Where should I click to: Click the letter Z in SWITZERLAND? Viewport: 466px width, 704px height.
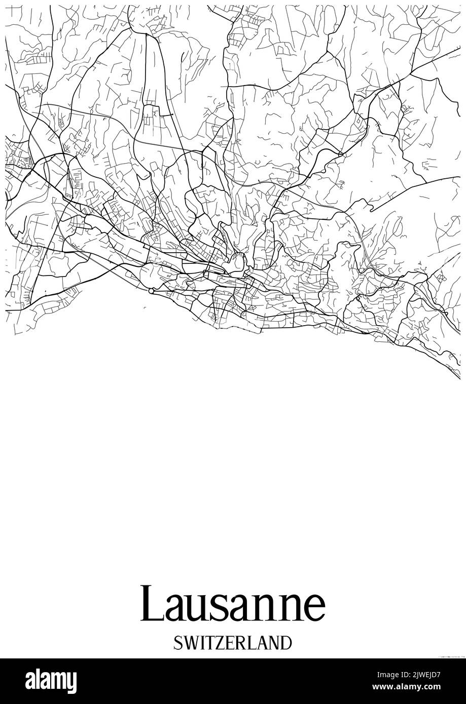(222, 643)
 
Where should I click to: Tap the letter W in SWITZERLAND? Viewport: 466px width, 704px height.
(192, 643)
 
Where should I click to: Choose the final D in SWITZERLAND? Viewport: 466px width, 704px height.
(286, 643)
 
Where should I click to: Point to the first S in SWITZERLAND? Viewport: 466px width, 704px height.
(178, 643)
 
